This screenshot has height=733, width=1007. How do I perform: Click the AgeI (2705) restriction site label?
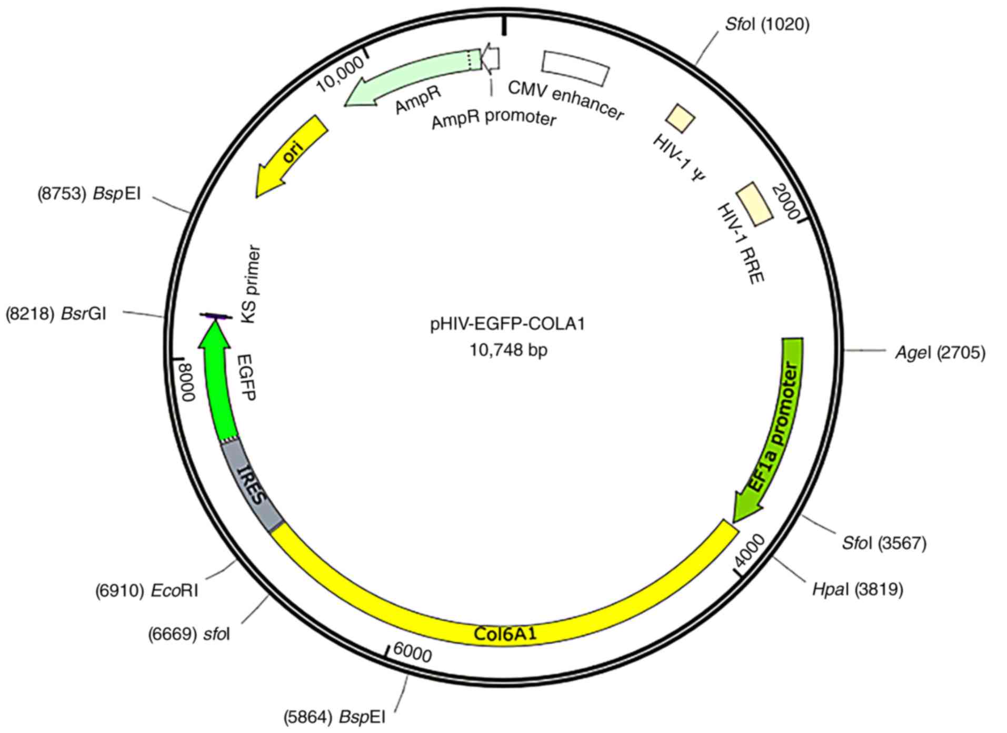pos(940,352)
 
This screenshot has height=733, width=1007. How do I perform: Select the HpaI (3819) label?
pos(858,589)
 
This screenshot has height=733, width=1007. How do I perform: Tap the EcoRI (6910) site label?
pos(146,591)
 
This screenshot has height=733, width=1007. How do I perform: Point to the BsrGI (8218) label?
pos(56,314)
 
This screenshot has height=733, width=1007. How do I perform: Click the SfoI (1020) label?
pos(766,24)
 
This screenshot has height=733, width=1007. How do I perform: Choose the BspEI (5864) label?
pos(334,717)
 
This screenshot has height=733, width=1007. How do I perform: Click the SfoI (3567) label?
pos(884,543)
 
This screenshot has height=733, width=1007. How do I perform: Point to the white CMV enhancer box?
pos(575,67)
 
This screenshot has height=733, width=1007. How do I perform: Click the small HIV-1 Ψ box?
pos(681,118)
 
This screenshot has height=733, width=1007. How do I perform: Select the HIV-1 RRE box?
pos(754,204)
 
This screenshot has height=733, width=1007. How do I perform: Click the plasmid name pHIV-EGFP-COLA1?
pos(507,324)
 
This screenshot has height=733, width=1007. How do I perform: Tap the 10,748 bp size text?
pos(508,349)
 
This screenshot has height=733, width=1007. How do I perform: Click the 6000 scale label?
pos(412,655)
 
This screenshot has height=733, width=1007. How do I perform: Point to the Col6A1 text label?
pos(505,633)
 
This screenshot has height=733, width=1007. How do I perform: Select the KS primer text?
pos(251,284)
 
